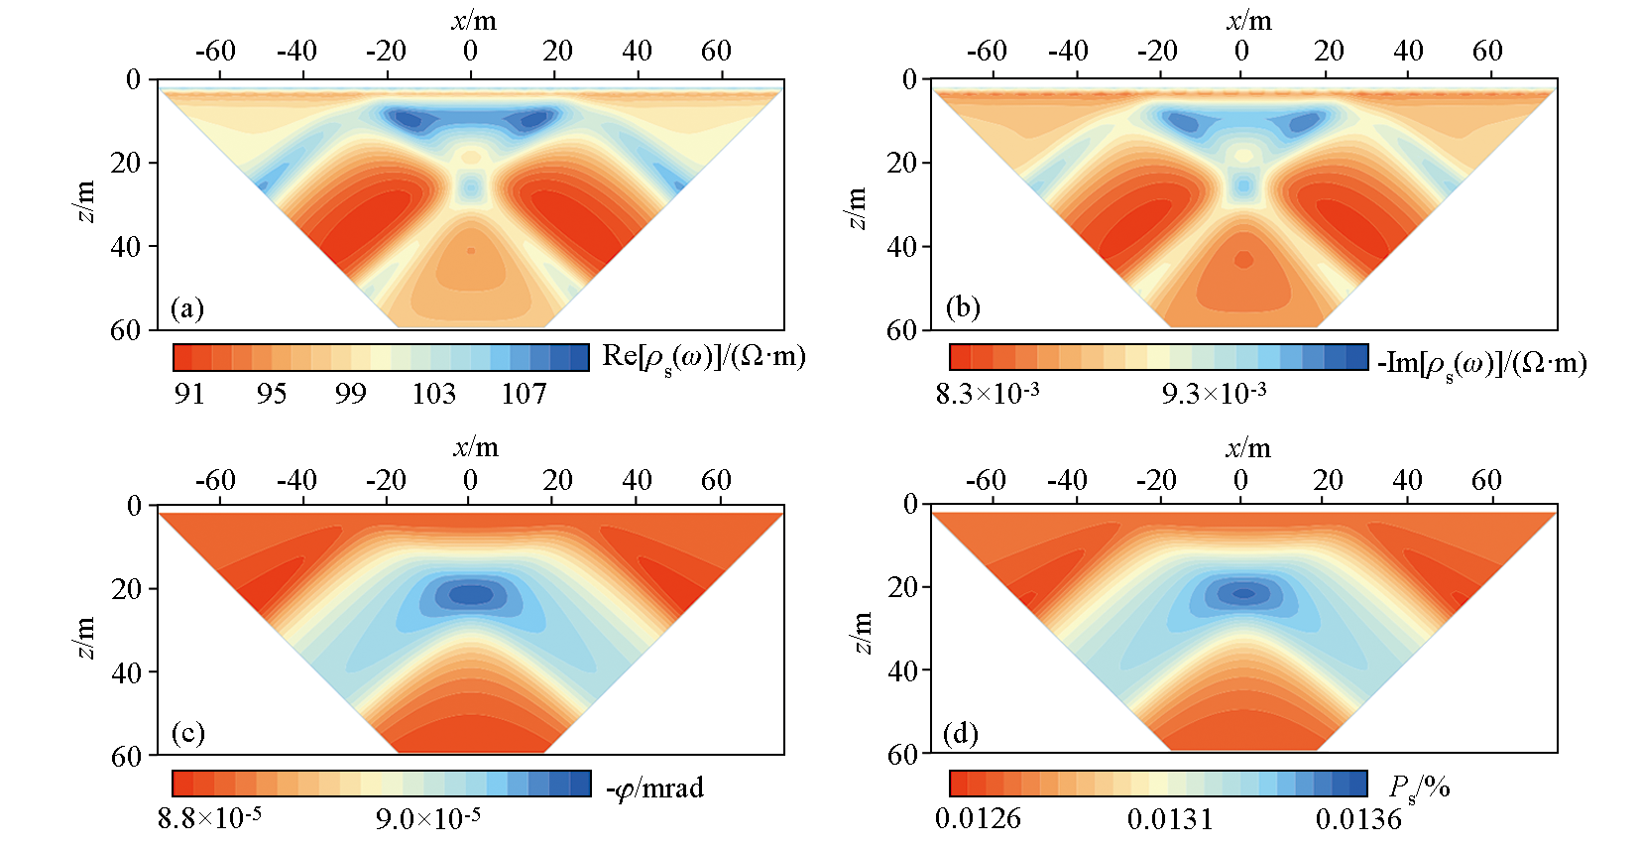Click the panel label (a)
(x=187, y=308)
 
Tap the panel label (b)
(x=963, y=307)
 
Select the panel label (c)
(x=187, y=733)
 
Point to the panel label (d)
(x=961, y=734)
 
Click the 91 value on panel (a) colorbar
(x=189, y=394)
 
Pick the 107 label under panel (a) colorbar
(x=524, y=394)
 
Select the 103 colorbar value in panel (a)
(x=433, y=394)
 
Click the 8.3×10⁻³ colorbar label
(x=988, y=394)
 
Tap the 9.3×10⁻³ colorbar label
(x=1214, y=394)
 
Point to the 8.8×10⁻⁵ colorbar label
(x=209, y=818)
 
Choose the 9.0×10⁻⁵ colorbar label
(x=427, y=818)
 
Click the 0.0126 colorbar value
(x=978, y=819)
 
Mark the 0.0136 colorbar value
(x=1358, y=819)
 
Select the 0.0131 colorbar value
(x=1170, y=819)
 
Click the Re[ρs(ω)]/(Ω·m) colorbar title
(x=703, y=358)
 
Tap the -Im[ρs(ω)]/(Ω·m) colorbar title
(x=1481, y=364)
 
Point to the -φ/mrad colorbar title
(x=654, y=788)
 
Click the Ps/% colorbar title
(x=1420, y=788)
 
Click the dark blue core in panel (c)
(x=472, y=595)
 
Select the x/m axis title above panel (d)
(x=1247, y=448)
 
